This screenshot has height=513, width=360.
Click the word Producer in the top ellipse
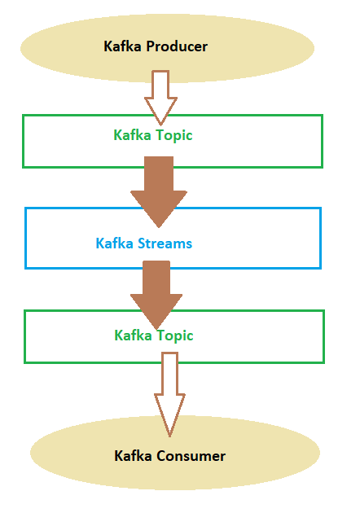point(177,46)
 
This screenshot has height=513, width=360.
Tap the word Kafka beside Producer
point(122,46)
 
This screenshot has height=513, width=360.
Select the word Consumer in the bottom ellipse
point(191,456)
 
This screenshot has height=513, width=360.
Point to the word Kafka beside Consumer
point(133,456)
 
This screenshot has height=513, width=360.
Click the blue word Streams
point(165,243)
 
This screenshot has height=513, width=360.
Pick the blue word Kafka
point(114,243)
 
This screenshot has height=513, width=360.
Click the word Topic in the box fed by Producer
point(173,136)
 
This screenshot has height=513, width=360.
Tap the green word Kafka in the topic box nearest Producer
point(132,135)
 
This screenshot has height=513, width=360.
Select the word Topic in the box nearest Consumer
point(175,336)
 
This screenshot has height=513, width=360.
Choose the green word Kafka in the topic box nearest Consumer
point(133,335)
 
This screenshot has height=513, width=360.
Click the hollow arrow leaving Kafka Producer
point(160,98)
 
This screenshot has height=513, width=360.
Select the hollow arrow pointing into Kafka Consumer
point(170,395)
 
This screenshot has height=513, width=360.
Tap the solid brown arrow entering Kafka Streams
point(159,192)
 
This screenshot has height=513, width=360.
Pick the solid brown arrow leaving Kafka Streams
point(156,295)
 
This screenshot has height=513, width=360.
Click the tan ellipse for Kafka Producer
point(167,48)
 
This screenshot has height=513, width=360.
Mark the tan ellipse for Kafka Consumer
point(175,453)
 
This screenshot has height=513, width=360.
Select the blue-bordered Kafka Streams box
point(26,238)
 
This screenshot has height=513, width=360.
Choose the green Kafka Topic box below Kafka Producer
point(24,142)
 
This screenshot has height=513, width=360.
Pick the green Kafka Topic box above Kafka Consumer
point(25,336)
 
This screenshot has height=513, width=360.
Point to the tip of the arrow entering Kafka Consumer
point(170,436)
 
